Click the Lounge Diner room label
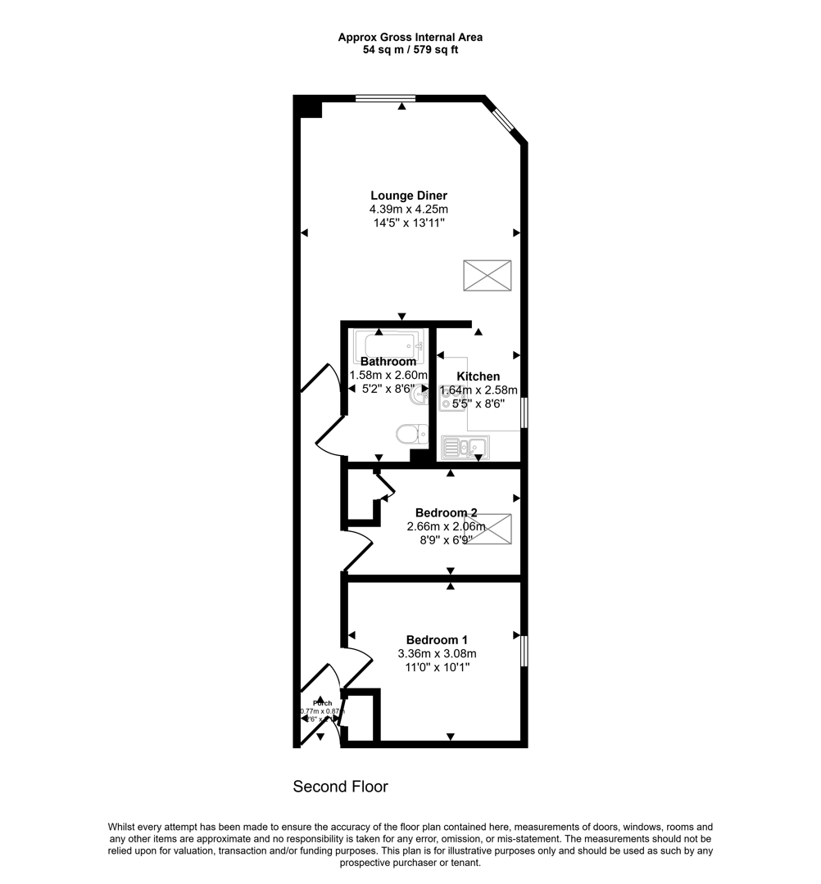tap(408, 196)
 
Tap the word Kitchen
tap(479, 377)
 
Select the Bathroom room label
tap(388, 361)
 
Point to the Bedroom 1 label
tap(437, 640)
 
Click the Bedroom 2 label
tap(446, 513)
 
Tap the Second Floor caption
tap(340, 787)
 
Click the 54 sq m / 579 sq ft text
tap(410, 49)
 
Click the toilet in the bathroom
tap(410, 433)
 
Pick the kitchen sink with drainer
tap(465, 448)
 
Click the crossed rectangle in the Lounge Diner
tap(487, 275)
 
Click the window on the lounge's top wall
tap(385, 98)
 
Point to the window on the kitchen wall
tap(524, 413)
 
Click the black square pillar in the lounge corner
tap(308, 107)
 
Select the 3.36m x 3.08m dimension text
tap(437, 654)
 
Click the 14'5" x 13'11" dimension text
tap(408, 223)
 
